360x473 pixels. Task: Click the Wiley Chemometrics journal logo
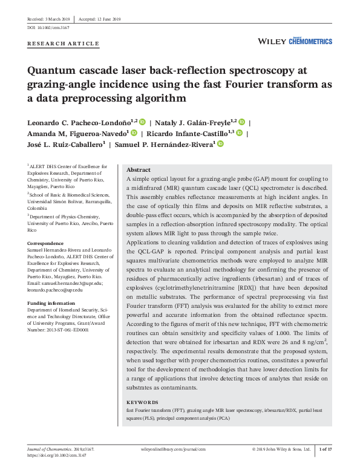(x=295, y=41)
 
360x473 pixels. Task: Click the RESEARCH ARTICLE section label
(x=64, y=44)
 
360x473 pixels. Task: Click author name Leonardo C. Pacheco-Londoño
(x=82, y=122)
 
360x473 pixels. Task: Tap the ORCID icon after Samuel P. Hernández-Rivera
(x=220, y=144)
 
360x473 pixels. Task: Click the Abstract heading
(x=139, y=170)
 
